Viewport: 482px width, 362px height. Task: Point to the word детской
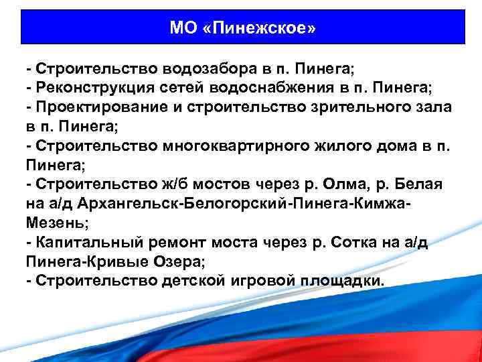pos(190,281)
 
